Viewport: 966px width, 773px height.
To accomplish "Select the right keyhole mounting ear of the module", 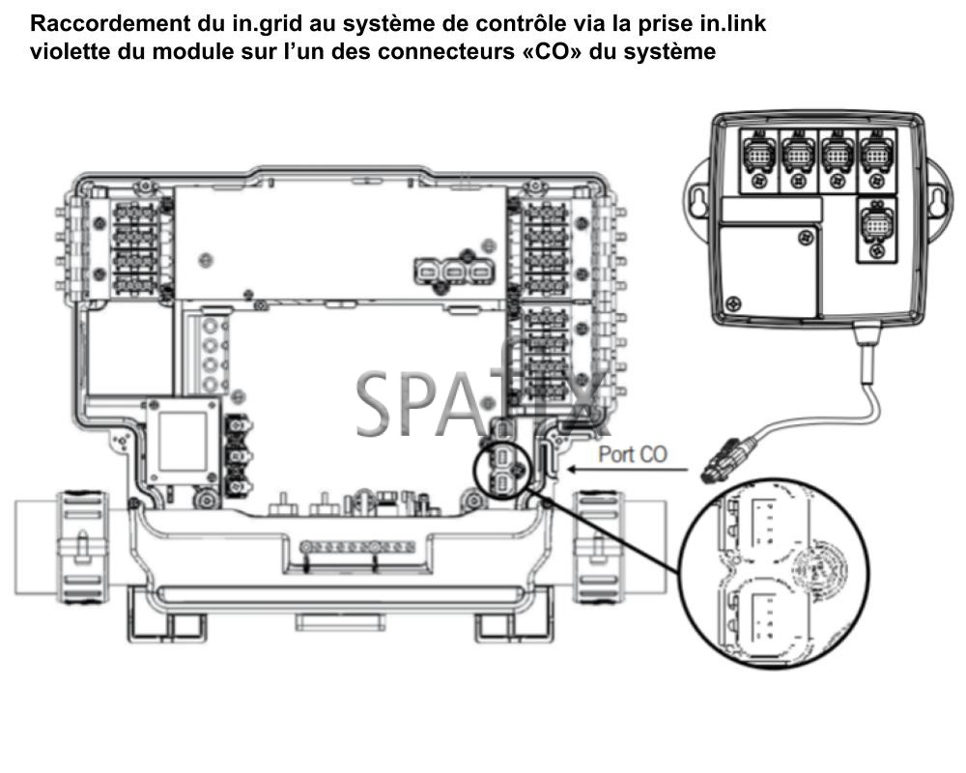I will tap(934, 197).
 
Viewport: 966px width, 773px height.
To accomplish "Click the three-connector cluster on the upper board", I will tap(449, 272).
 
